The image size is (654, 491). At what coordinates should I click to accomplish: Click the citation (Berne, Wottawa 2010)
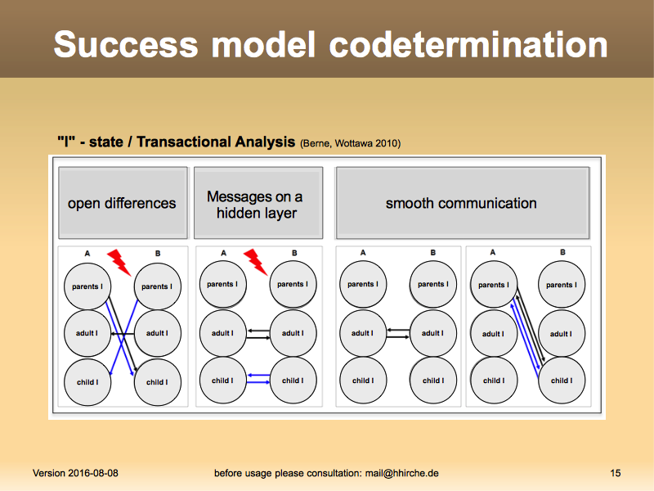click(350, 143)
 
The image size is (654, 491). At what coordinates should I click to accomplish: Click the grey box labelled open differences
click(122, 203)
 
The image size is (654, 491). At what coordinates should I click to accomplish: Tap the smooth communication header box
click(462, 203)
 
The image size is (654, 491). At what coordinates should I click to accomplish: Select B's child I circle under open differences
click(157, 381)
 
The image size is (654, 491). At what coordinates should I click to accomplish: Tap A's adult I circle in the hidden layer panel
click(222, 333)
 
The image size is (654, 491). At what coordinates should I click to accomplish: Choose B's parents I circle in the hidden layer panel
click(292, 285)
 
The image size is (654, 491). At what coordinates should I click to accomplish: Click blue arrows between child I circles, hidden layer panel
click(258, 378)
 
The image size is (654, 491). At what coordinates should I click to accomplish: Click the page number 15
click(616, 473)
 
